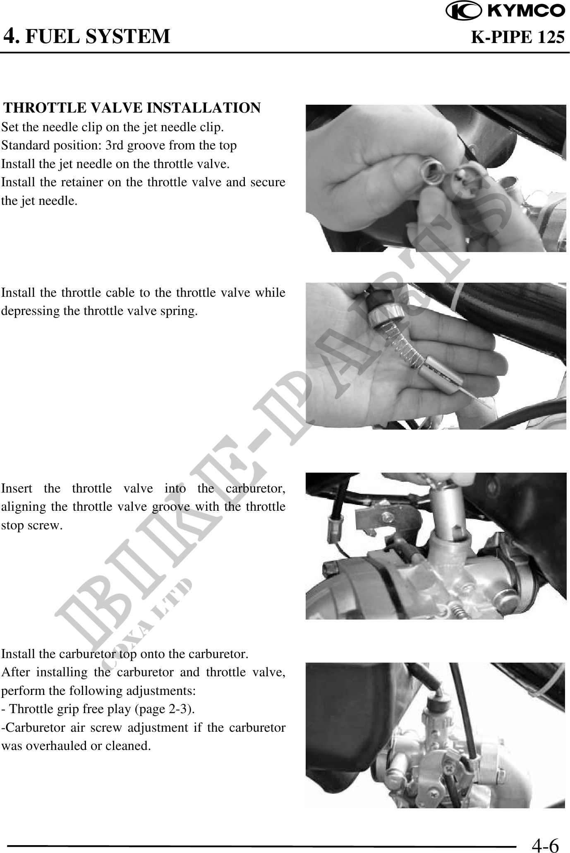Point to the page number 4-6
[x=545, y=844]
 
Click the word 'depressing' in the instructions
[x=31, y=311]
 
